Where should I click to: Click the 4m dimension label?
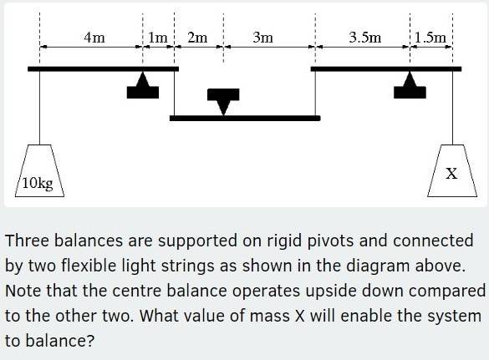pos(94,37)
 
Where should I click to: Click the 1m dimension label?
pos(159,37)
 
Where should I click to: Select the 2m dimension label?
pos(197,37)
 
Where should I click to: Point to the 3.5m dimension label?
pos(365,37)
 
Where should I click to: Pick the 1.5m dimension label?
pos(431,37)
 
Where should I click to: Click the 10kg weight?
pos(38,171)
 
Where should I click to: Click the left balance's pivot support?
pos(143,87)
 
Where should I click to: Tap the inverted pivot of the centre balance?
pos(222,99)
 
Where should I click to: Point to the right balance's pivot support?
pos(410,86)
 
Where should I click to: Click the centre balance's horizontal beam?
pos(244,118)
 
